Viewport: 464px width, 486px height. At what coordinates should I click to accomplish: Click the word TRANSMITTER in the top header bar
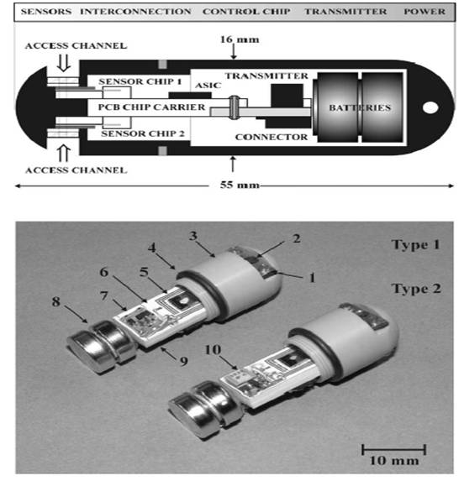(x=345, y=13)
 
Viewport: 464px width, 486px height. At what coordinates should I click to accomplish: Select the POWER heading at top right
(x=430, y=13)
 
